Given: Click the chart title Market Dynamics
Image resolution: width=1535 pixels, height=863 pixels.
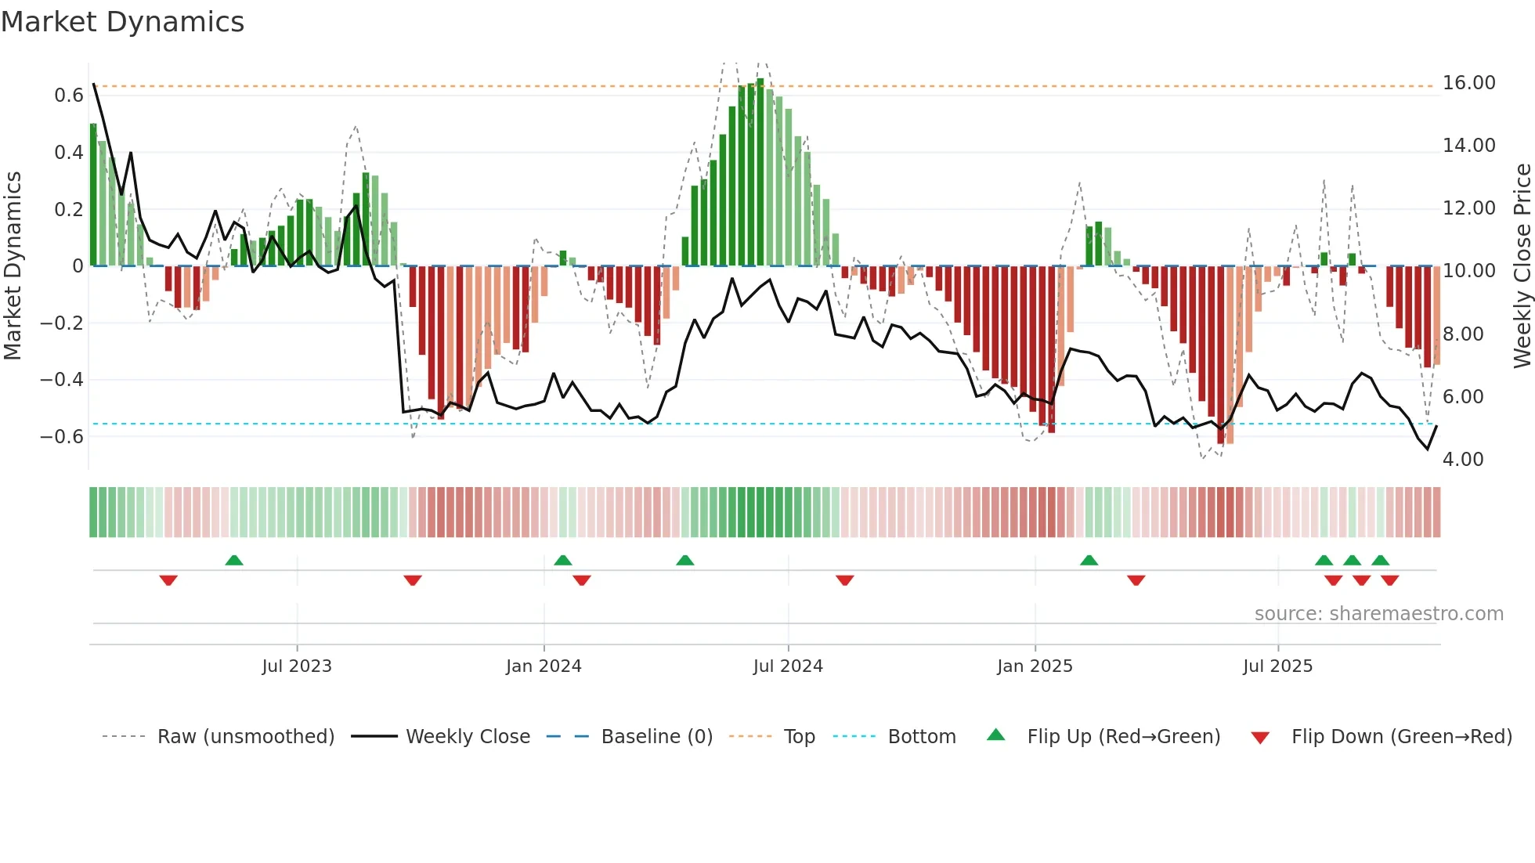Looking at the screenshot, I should (122, 22).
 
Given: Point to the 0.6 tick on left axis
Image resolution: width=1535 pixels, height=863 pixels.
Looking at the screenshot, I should (69, 96).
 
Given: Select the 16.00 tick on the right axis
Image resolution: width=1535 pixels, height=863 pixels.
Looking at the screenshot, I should (1468, 83).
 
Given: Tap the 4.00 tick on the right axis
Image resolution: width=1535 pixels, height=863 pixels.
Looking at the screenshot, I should (1462, 460).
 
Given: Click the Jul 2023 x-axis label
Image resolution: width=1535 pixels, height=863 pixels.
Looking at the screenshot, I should (297, 666).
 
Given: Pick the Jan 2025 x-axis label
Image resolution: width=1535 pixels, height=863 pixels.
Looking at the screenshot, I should (1034, 666).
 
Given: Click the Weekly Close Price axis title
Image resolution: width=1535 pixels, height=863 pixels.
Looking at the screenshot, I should (1522, 265).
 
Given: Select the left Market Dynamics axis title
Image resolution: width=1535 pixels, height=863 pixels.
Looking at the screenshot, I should (13, 265).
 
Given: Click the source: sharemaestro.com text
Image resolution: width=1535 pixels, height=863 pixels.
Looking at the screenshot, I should (1378, 614).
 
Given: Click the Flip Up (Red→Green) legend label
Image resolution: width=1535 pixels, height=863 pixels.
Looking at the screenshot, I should (1123, 737).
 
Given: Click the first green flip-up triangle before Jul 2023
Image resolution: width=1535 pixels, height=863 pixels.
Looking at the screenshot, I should (234, 560).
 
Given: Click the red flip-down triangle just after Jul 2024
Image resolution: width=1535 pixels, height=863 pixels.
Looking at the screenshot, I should (844, 580).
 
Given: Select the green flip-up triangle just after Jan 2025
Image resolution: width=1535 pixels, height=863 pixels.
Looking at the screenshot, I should (1089, 560).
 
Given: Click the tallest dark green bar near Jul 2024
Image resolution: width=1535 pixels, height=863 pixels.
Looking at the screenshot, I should (760, 172).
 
